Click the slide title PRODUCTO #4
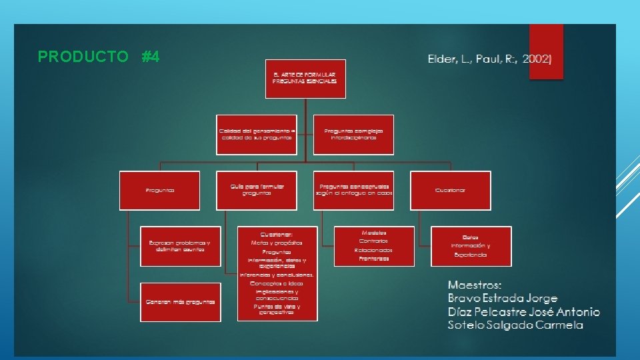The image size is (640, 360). coord(99,57)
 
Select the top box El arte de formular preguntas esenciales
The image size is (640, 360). coord(305,77)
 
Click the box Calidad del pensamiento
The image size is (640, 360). coord(256,135)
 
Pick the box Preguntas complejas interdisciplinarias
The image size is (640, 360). coord(353,135)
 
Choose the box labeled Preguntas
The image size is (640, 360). coord(160,190)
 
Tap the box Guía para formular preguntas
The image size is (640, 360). coord(256,190)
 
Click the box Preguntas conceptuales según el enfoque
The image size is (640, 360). coord(353,190)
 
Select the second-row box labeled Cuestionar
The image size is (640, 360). coord(450,190)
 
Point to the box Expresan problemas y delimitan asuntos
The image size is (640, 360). coord(181,246)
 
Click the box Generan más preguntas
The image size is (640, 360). coord(181,302)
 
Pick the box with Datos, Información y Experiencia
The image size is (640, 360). coord(471,245)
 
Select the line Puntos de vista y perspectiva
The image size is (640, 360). coord(279,309)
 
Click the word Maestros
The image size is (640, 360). coord(475,285)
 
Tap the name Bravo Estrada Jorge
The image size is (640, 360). coord(503,298)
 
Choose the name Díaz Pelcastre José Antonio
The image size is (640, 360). coord(523,312)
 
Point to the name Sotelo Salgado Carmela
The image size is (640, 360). coord(515,325)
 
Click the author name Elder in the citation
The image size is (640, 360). coord(443,59)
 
